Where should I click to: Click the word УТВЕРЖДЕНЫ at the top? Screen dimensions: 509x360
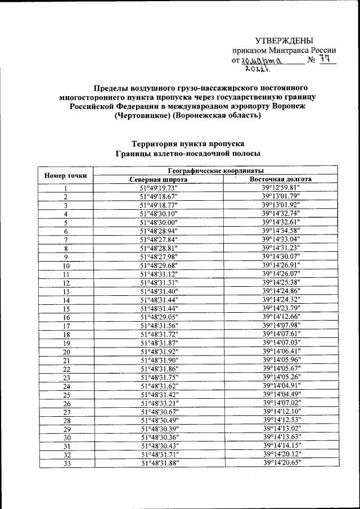pos(284,40)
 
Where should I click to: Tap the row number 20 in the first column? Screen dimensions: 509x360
pos(66,352)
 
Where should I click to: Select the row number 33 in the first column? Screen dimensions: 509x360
pos(66,463)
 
